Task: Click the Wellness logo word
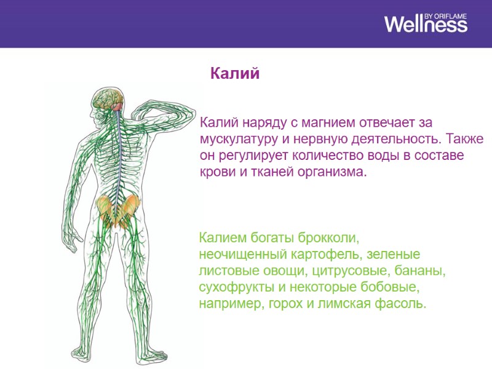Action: point(426,25)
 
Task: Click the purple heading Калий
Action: point(236,74)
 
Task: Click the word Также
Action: point(464,138)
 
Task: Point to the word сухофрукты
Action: point(231,287)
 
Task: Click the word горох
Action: point(282,304)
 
